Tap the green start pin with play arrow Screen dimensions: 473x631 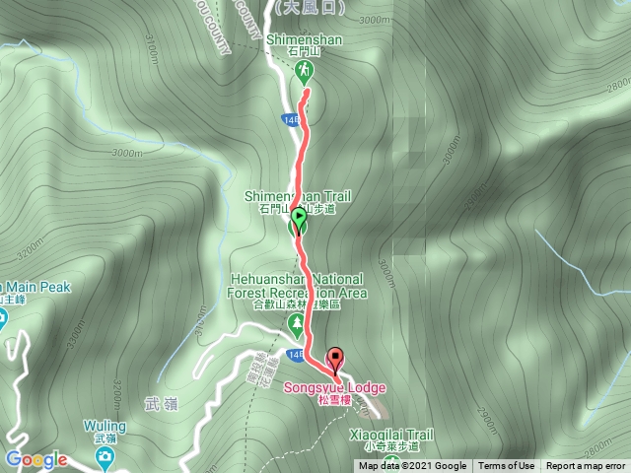point(297,221)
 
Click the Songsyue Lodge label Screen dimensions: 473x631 point(336,387)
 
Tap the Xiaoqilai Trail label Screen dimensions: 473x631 point(391,433)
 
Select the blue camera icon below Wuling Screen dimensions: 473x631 point(104,455)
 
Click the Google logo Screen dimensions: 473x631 point(35,459)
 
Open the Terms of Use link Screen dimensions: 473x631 point(507,466)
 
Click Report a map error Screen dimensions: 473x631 point(588,466)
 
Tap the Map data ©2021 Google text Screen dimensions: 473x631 point(413,466)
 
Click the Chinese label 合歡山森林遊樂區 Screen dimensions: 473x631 point(297,305)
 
